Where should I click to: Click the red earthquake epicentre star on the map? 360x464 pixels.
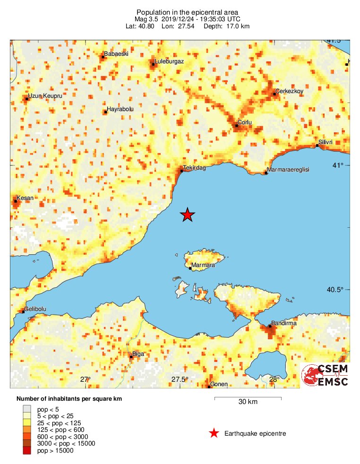188,215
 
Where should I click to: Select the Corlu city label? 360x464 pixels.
245,122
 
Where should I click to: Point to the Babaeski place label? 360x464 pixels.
116,54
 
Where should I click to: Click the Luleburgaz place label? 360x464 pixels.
169,61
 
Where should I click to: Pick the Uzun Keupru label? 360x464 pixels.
45,96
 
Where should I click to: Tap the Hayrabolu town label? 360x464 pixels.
120,109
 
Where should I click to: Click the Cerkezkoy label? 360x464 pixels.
289,91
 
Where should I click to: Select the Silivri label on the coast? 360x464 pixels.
326,142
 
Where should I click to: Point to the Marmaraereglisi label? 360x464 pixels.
288,170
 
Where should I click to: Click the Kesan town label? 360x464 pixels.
25,198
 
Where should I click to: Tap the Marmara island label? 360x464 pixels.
203,266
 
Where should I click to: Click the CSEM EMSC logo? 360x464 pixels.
326,375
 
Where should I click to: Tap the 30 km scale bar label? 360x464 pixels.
248,402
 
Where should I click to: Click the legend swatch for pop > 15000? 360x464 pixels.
27,451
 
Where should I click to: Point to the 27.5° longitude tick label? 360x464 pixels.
180,379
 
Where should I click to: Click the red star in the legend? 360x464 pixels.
214,433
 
